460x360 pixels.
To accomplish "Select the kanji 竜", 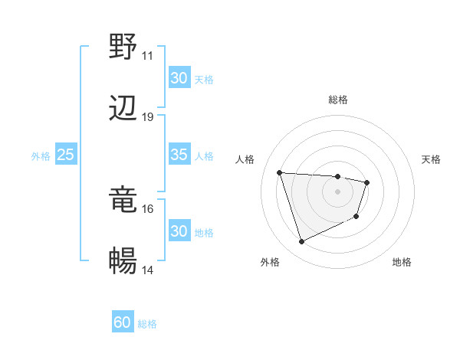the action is pyautogui.click(x=123, y=200).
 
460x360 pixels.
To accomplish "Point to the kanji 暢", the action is pyautogui.click(x=123, y=261).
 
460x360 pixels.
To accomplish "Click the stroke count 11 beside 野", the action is pyautogui.click(x=148, y=56).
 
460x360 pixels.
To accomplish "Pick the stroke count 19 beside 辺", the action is pyautogui.click(x=148, y=117).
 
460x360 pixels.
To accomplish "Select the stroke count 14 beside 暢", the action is pyautogui.click(x=148, y=270).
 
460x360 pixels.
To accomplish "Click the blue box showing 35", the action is pyautogui.click(x=179, y=155).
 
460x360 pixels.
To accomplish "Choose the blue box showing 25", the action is pyautogui.click(x=65, y=155).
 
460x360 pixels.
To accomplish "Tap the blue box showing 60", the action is pyautogui.click(x=123, y=322).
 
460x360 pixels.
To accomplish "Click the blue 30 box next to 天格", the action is pyautogui.click(x=179, y=78).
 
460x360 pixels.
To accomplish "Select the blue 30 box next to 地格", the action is pyautogui.click(x=179, y=231).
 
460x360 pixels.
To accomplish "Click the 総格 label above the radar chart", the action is pyautogui.click(x=338, y=100).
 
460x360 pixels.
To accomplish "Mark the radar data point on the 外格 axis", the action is pyautogui.click(x=301, y=242).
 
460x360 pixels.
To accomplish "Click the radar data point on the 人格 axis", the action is pyautogui.click(x=280, y=172).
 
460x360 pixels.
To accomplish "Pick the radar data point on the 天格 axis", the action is pyautogui.click(x=367, y=182).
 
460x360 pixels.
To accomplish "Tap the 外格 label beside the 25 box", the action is pyautogui.click(x=41, y=155).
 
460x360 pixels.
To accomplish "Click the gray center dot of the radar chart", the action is pyautogui.click(x=338, y=191).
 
